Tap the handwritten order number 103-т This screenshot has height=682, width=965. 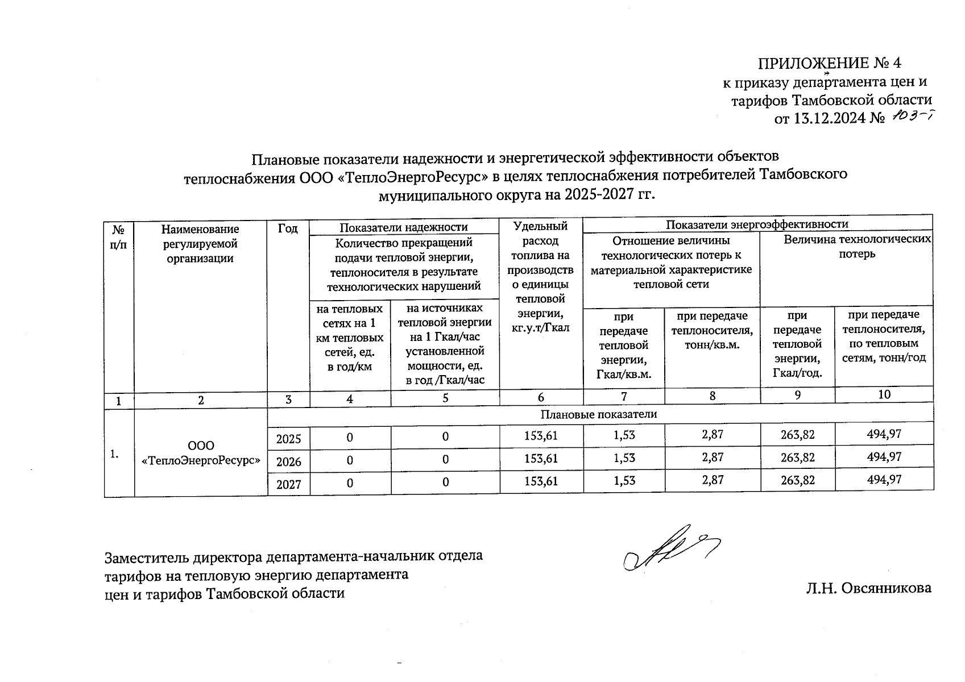(912, 116)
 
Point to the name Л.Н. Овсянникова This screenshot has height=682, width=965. (868, 588)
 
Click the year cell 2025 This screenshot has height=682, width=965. (288, 438)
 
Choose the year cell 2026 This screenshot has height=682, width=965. (288, 461)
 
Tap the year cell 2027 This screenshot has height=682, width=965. (288, 484)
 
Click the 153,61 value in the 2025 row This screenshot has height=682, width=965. (541, 436)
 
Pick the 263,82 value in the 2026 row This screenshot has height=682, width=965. (797, 458)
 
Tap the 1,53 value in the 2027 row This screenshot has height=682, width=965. (624, 480)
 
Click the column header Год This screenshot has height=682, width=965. (288, 229)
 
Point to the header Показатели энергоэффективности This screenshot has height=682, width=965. (757, 224)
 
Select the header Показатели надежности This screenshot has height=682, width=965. (403, 228)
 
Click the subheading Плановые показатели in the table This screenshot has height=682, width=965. (598, 414)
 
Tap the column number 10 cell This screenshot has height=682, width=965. (884, 394)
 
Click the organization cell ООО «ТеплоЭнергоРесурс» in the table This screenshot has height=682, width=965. (201, 453)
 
